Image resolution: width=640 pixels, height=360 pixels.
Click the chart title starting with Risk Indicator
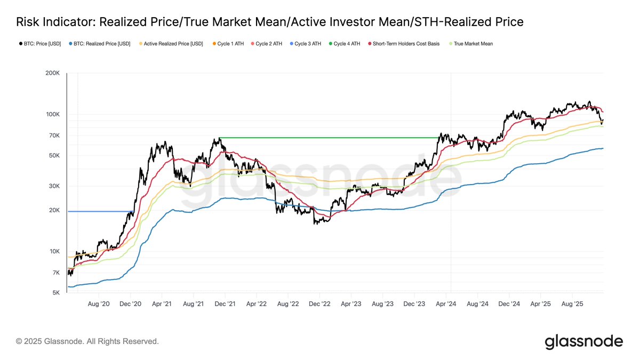[269, 22]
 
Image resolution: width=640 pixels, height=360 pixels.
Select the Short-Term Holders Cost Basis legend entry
[404, 44]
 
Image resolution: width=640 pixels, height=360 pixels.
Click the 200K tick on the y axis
[53, 74]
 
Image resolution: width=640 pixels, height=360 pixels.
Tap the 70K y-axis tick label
[54, 136]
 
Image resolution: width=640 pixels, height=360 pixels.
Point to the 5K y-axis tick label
[56, 293]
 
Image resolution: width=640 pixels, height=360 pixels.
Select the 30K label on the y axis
[54, 186]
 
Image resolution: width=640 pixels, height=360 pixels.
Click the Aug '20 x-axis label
[98, 303]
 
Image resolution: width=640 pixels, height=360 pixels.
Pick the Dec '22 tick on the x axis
[319, 303]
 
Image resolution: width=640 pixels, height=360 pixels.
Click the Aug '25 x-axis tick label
[572, 303]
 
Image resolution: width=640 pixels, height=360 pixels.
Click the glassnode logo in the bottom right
[583, 341]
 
